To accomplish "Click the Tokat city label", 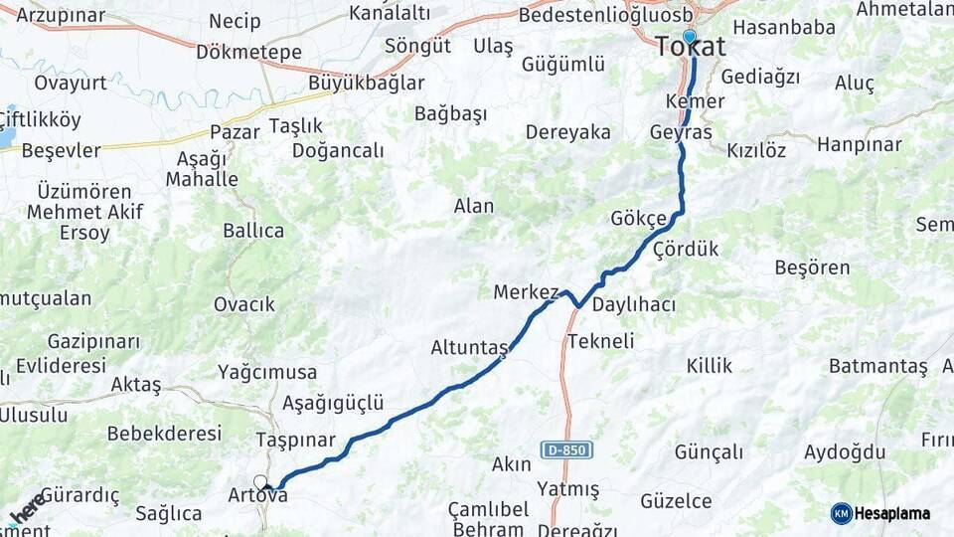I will pyautogui.click(x=691, y=48).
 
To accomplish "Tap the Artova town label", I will pyautogui.click(x=257, y=495).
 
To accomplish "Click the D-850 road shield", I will pyautogui.click(x=566, y=450).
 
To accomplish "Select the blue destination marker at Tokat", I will pyautogui.click(x=689, y=37).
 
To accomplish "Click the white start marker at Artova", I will pyautogui.click(x=260, y=483).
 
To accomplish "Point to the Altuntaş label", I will pyautogui.click(x=469, y=348).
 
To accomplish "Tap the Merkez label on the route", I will pyautogui.click(x=526, y=292).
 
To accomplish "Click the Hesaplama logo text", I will pyautogui.click(x=892, y=514).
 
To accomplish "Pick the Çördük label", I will pyautogui.click(x=686, y=250).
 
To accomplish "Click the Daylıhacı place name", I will pyautogui.click(x=634, y=305).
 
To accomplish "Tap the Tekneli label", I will pyautogui.click(x=600, y=341).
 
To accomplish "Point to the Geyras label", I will pyautogui.click(x=681, y=132).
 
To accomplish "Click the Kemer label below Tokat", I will pyautogui.click(x=696, y=101).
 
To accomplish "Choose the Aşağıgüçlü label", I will pyautogui.click(x=333, y=403).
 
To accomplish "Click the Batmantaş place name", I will pyautogui.click(x=877, y=366).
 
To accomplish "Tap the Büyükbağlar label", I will pyautogui.click(x=366, y=83).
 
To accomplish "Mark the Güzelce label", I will pyautogui.click(x=684, y=500).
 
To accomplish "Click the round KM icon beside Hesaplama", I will pyautogui.click(x=841, y=514).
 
